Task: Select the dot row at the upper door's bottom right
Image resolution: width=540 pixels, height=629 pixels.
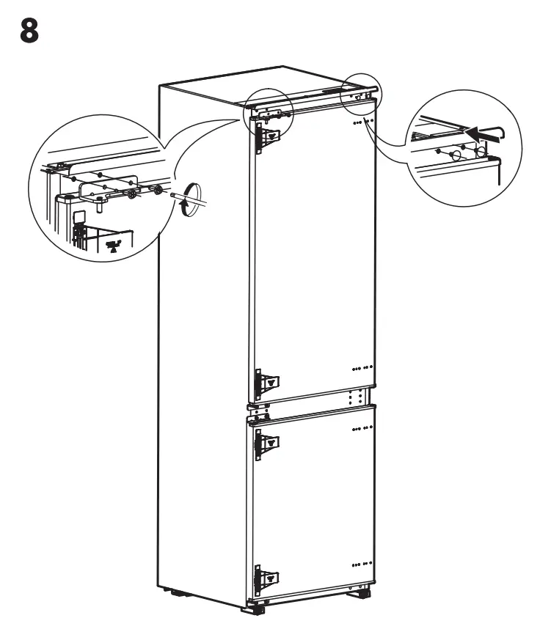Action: click(362, 367)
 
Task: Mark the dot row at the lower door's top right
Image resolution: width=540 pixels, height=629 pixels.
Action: click(362, 427)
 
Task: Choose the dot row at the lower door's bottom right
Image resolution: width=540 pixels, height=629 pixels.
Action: click(362, 564)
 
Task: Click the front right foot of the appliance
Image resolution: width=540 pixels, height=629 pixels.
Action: click(362, 592)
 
